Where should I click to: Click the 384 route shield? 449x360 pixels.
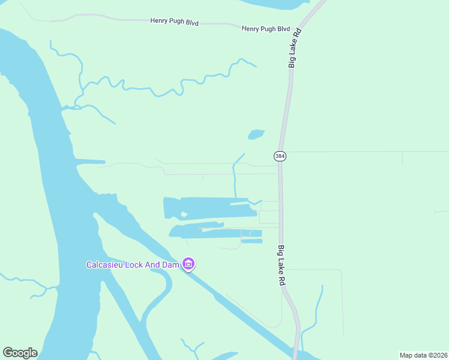(x=280, y=156)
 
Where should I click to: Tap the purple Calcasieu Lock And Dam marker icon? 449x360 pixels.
(x=188, y=264)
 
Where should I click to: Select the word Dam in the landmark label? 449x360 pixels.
(x=170, y=265)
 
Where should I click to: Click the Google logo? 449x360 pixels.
(x=20, y=353)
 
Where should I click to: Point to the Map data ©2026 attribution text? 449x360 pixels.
(x=423, y=355)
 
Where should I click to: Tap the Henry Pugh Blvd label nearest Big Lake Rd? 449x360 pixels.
(x=265, y=29)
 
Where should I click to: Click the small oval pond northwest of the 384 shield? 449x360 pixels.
(x=256, y=134)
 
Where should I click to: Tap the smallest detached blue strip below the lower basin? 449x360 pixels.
(x=252, y=241)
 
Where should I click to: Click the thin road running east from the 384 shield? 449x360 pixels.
(x=360, y=152)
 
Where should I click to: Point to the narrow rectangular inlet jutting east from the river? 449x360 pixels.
(x=89, y=161)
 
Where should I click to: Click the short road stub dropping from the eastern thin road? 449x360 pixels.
(x=402, y=158)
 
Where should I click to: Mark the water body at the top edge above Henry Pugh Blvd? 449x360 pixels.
(x=273, y=4)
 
